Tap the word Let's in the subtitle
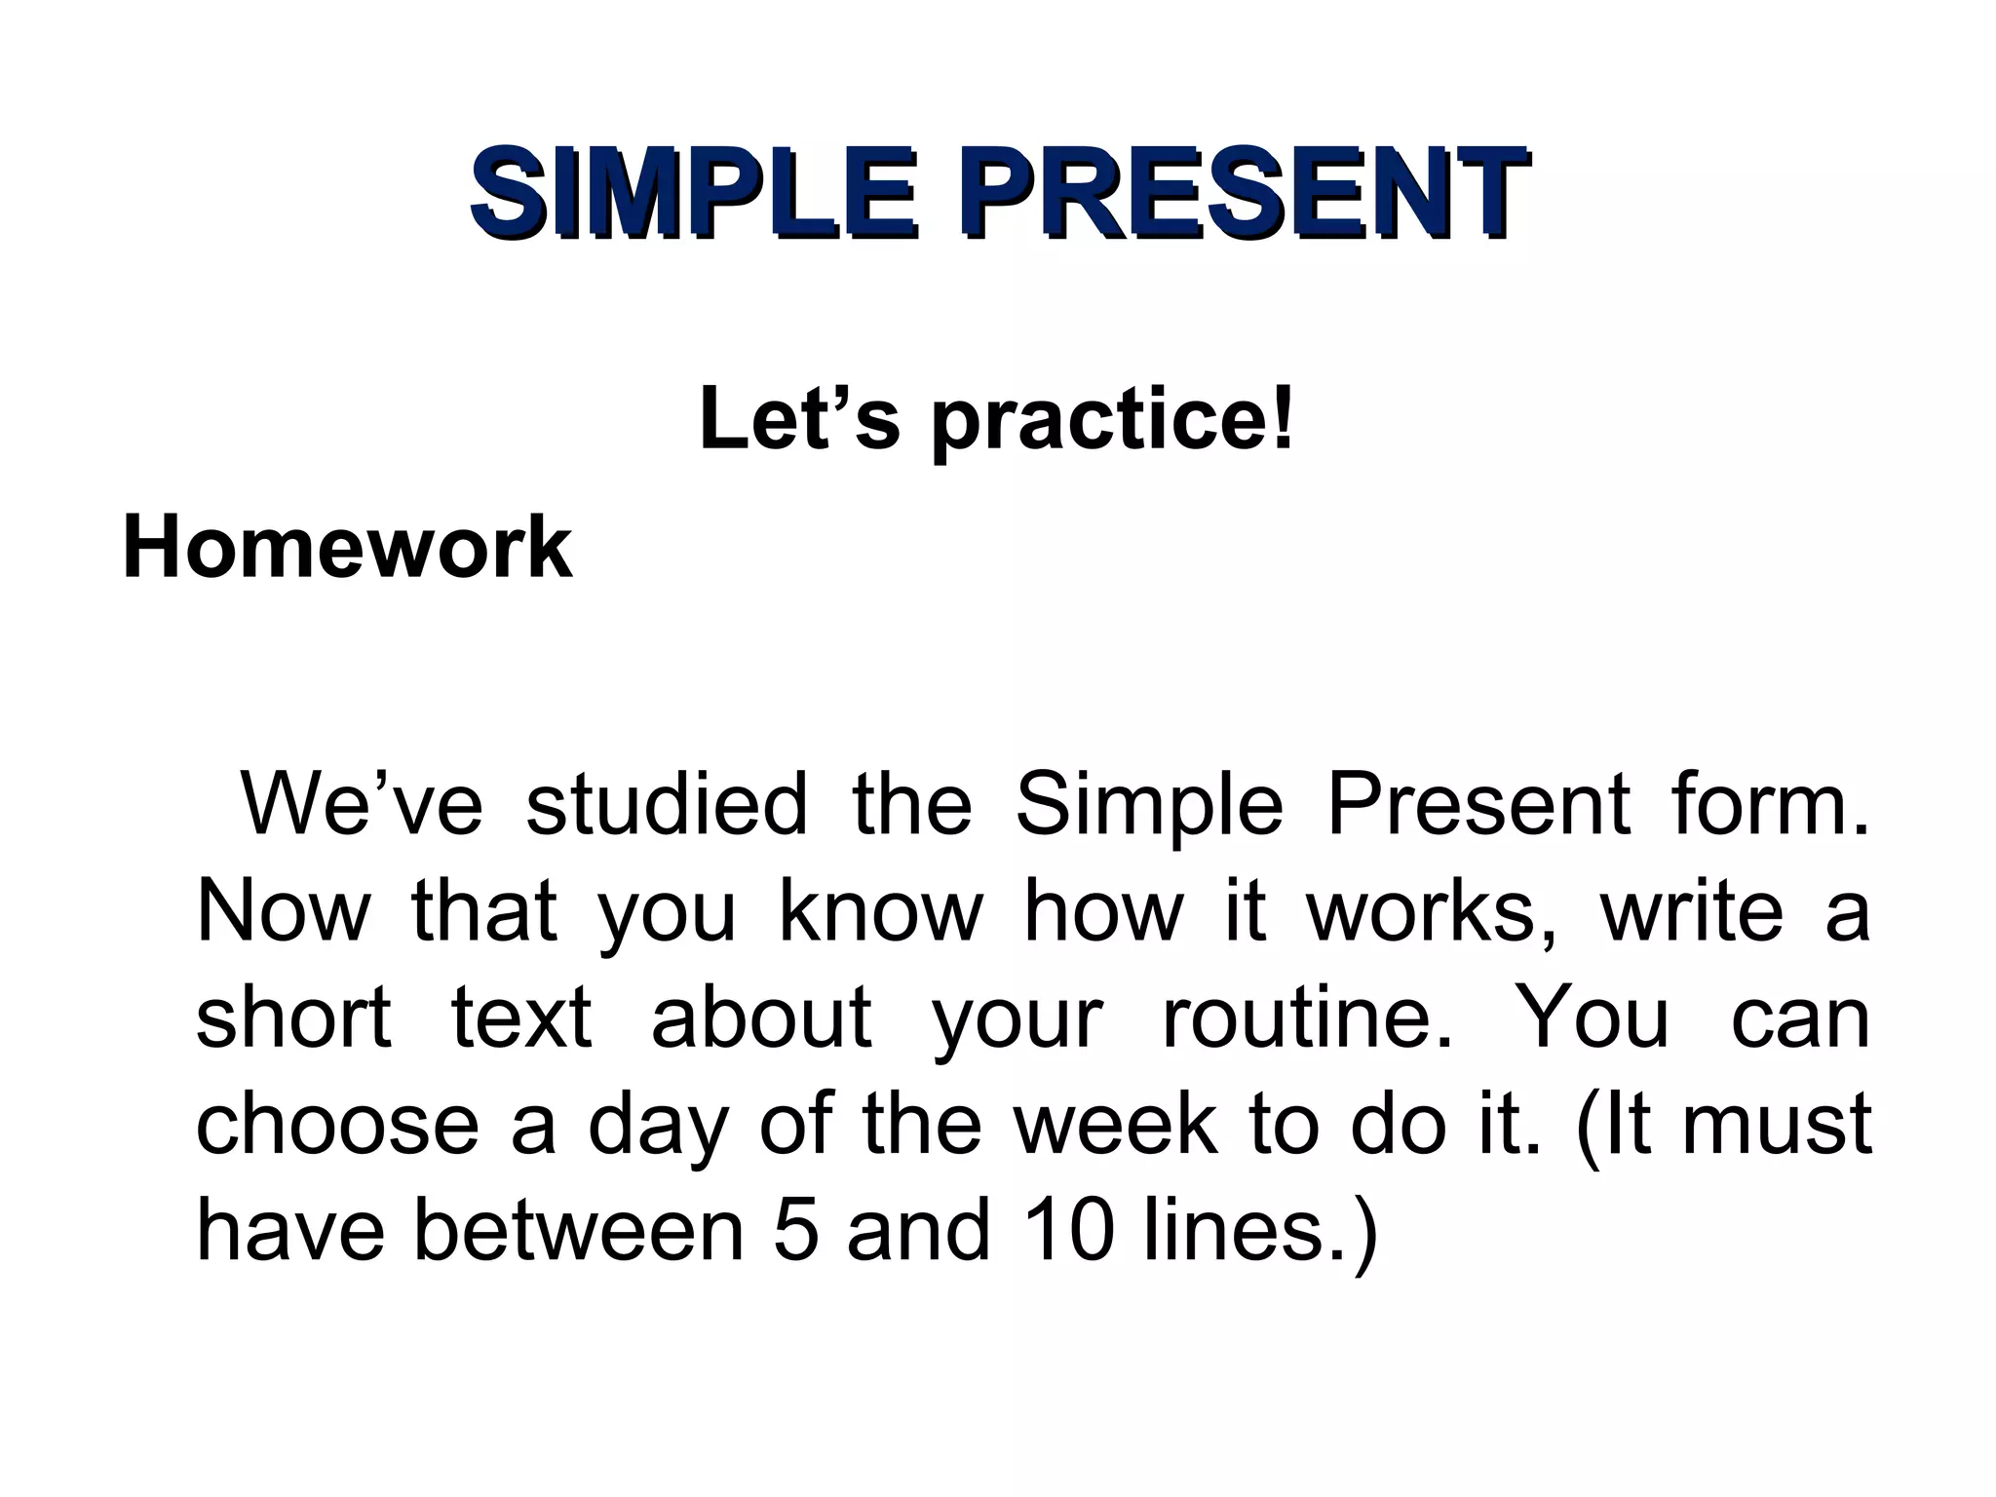point(798,419)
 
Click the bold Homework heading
point(347,548)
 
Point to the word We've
point(362,805)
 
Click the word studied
point(667,805)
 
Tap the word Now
point(284,911)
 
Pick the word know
point(881,911)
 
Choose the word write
point(1692,911)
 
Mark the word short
point(293,1017)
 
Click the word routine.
point(1307,1017)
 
